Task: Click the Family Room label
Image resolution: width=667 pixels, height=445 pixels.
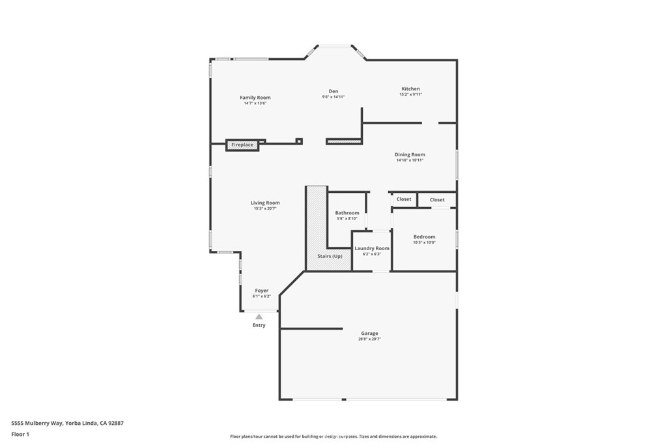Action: [255, 98]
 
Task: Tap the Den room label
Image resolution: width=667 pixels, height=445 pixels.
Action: [333, 91]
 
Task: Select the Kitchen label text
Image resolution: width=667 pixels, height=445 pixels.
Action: [410, 89]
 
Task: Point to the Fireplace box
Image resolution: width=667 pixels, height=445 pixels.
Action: [242, 145]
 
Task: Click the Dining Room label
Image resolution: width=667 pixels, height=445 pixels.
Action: [410, 154]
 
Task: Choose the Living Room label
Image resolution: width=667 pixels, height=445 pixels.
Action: [265, 203]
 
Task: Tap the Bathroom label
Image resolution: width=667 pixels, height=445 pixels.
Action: [347, 213]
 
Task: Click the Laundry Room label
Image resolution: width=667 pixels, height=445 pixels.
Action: [371, 248]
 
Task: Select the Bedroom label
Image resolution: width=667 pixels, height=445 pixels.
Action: [424, 237]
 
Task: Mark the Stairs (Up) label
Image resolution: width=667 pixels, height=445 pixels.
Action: [330, 256]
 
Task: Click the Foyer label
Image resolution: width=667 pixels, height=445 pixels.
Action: [261, 291]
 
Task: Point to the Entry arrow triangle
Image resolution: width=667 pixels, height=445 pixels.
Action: [259, 317]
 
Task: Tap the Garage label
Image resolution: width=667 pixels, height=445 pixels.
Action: [369, 334]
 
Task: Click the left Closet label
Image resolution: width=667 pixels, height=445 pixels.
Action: [404, 199]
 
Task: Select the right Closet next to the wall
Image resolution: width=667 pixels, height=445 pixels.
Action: [437, 200]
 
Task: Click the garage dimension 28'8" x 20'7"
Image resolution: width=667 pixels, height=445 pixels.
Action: [369, 339]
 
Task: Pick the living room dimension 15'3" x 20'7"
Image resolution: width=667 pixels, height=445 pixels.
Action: [265, 208]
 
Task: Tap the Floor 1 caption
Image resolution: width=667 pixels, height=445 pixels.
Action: [20, 434]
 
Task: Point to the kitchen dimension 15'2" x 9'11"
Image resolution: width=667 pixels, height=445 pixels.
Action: [410, 94]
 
